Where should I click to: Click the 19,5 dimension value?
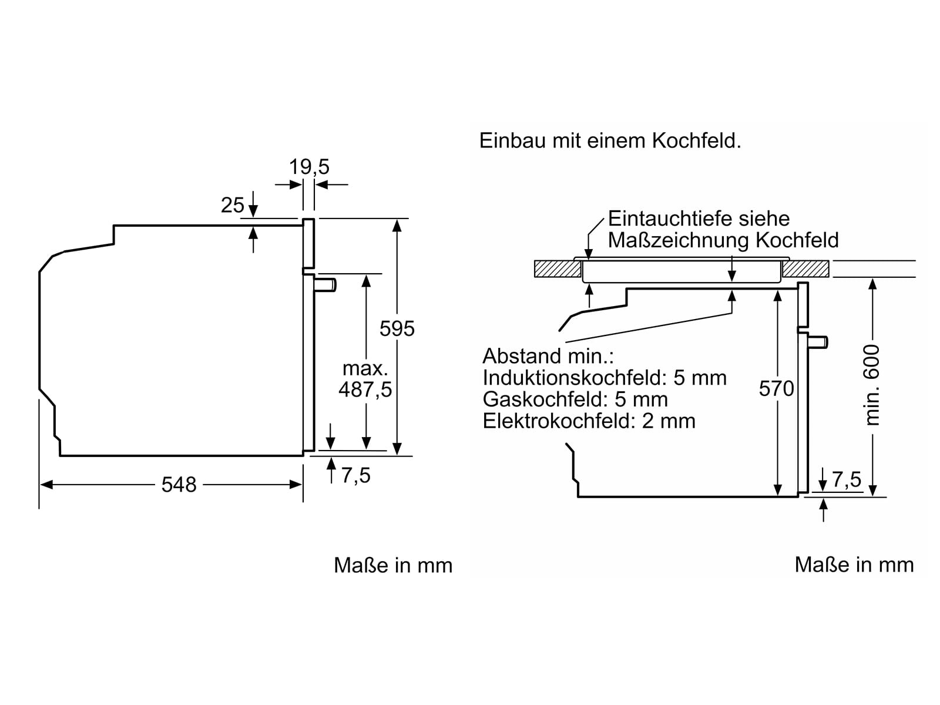tap(309, 167)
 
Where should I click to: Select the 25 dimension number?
tap(232, 205)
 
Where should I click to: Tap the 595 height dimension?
tap(397, 328)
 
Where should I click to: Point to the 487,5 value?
tap(365, 390)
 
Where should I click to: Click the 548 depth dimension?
tap(179, 485)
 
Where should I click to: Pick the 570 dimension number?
tap(776, 388)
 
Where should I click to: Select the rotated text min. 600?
tap(872, 385)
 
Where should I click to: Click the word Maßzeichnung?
tap(679, 240)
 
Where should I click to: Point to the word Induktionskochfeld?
tap(575, 378)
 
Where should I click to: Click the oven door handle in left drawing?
tap(325, 285)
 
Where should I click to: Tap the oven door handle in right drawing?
tap(818, 341)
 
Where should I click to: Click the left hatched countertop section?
tap(558, 269)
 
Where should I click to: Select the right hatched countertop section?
tap(805, 269)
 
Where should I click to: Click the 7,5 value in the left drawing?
tap(356, 475)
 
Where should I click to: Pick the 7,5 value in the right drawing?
tap(847, 479)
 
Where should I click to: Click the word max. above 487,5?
tap(365, 368)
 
